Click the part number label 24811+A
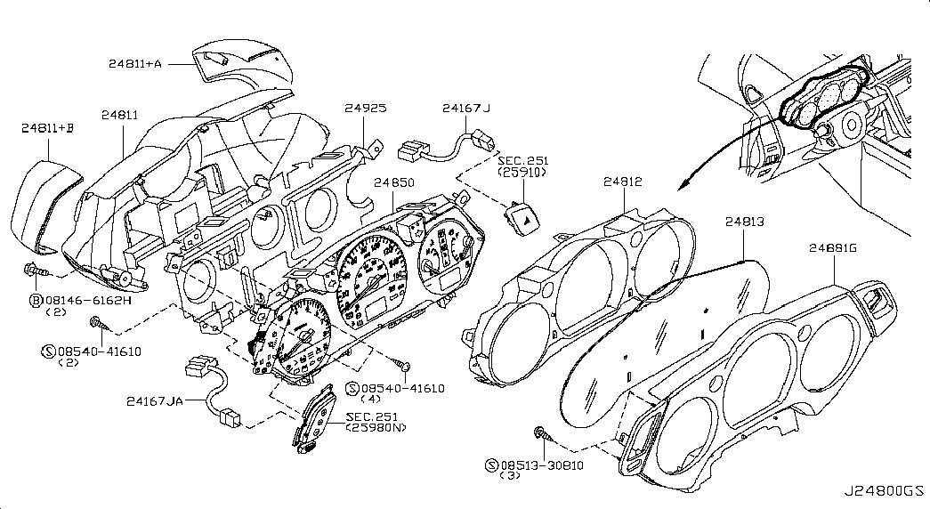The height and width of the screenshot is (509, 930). (x=134, y=63)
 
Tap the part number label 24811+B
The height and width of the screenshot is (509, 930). (x=47, y=127)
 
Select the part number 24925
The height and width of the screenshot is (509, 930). (x=366, y=108)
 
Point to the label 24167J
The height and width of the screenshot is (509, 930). (x=466, y=108)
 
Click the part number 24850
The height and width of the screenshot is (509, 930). (x=394, y=182)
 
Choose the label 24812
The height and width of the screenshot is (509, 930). (x=623, y=182)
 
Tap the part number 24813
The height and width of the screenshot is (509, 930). (x=744, y=222)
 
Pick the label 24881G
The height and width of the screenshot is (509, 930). (x=833, y=248)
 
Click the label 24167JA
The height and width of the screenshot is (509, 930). (x=154, y=401)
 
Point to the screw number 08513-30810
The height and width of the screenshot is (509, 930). (x=541, y=465)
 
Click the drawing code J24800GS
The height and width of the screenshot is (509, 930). (x=885, y=490)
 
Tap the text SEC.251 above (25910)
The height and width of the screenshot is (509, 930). (x=523, y=161)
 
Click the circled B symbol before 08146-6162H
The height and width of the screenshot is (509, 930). (x=36, y=300)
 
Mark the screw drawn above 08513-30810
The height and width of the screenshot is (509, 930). (x=543, y=434)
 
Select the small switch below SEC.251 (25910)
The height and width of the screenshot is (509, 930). (x=522, y=220)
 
